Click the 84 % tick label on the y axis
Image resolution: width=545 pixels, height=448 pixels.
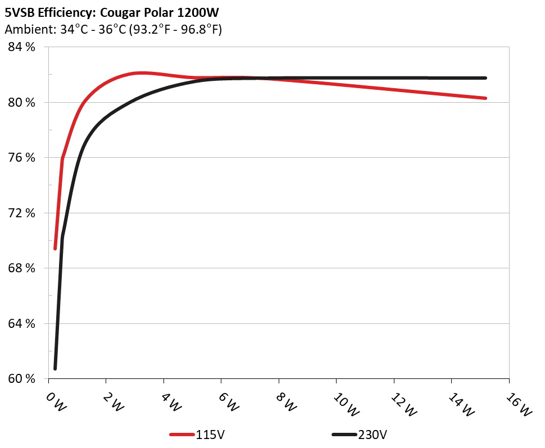tap(21, 47)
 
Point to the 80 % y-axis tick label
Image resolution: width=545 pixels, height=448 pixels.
tap(21, 102)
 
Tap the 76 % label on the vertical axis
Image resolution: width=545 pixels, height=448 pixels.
tap(21, 158)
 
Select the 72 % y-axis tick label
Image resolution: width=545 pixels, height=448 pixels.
tap(21, 213)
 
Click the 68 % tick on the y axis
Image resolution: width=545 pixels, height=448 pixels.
tap(21, 268)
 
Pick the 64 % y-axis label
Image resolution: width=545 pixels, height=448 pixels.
tap(21, 323)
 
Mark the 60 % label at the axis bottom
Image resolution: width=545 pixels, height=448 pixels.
tap(21, 379)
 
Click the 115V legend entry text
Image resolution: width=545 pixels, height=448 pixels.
tap(211, 435)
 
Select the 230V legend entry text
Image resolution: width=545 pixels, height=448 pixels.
tap(373, 435)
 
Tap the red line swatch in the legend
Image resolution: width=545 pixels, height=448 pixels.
tap(182, 435)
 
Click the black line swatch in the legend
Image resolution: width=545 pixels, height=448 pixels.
tap(344, 435)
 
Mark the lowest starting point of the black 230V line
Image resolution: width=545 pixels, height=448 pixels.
tap(55, 368)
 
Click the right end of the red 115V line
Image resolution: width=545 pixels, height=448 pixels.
tap(485, 98)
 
